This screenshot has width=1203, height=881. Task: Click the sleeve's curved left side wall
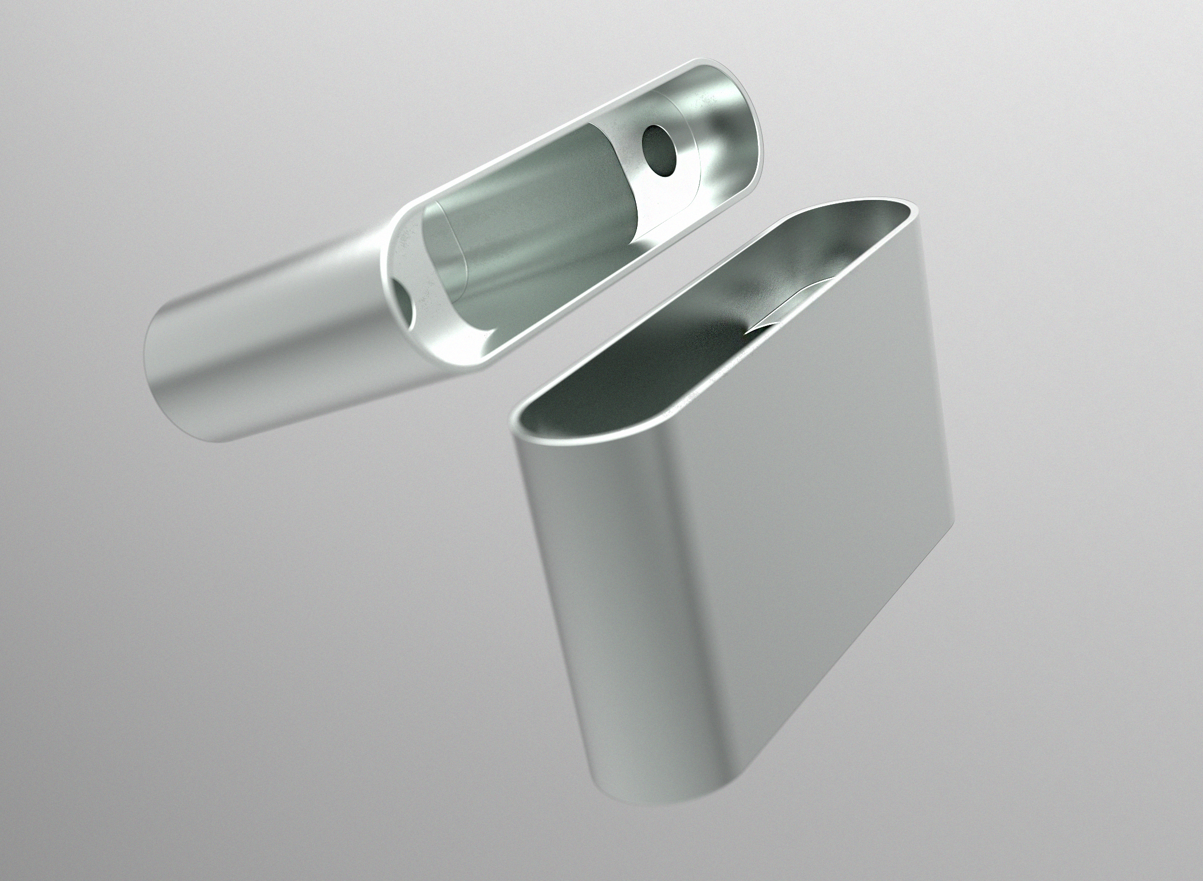click(x=573, y=573)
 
